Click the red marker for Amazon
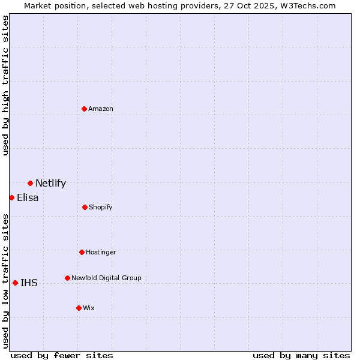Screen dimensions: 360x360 tap(84, 109)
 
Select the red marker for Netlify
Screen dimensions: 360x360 tap(30, 183)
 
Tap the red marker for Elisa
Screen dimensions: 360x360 tap(11, 197)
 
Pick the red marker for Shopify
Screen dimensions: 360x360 tap(85, 207)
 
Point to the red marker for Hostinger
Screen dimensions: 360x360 tap(82, 252)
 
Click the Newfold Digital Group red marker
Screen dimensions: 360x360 tap(67, 278)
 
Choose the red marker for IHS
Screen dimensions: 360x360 tap(15, 283)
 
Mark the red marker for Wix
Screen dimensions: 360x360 tap(79, 308)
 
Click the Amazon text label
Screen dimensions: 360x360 tap(101, 109)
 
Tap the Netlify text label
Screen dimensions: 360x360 tap(50, 184)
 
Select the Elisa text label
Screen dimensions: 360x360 tap(28, 198)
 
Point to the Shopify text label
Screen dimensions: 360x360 tap(101, 207)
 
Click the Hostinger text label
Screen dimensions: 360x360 tap(101, 252)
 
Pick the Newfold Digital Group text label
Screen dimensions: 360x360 tap(106, 278)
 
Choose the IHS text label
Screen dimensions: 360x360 tap(29, 283)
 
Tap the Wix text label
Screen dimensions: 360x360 tap(89, 308)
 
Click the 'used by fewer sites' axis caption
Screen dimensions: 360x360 tap(62, 355)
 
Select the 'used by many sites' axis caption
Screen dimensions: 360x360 tap(301, 355)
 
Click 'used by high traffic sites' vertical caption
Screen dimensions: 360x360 tap(5, 85)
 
